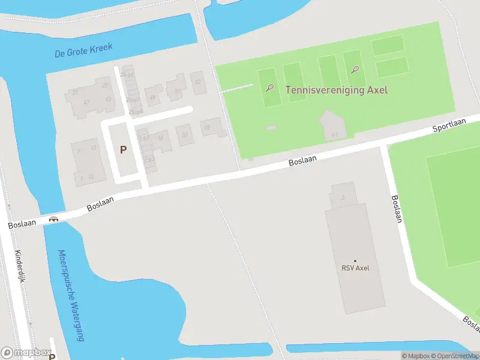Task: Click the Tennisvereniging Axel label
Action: [336, 90]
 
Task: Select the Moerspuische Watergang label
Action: [71, 295]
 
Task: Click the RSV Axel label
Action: [355, 268]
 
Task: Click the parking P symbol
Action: [124, 150]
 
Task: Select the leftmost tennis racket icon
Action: [271, 88]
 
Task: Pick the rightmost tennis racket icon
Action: [355, 69]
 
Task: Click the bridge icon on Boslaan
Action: [53, 220]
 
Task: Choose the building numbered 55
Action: [207, 127]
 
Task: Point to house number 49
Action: [152, 97]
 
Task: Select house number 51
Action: [178, 91]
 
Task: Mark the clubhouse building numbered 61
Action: [335, 134]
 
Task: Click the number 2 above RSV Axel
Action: [342, 197]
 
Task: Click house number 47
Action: [86, 103]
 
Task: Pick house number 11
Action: [94, 146]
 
